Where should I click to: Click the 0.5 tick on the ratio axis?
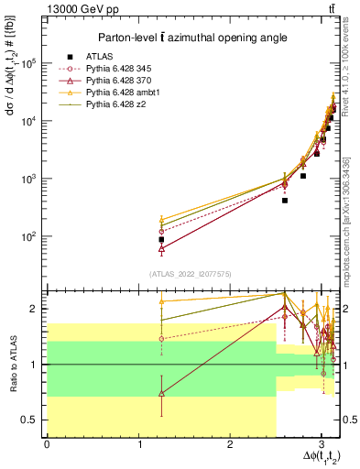click(x=30, y=420)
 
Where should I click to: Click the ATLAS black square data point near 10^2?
click(x=161, y=239)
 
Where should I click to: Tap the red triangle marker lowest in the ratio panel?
click(x=161, y=393)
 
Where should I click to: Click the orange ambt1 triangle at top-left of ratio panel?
click(x=161, y=300)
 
